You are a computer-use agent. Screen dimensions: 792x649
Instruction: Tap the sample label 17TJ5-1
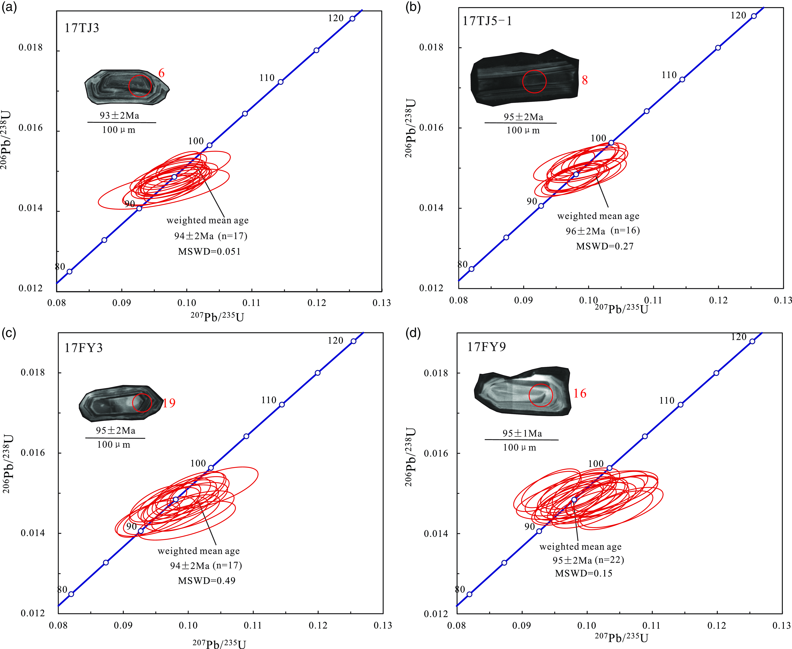[487, 21]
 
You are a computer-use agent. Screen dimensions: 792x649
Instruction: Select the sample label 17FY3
[83, 348]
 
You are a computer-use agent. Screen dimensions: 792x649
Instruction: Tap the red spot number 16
[580, 393]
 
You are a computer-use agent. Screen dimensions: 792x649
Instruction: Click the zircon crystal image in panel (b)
[524, 77]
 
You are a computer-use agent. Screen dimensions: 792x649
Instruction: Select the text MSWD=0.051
[209, 252]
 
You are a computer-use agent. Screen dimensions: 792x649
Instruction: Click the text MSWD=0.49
[207, 581]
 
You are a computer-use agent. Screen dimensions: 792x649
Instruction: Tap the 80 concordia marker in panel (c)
[71, 594]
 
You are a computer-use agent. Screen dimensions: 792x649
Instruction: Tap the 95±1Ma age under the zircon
[522, 433]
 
